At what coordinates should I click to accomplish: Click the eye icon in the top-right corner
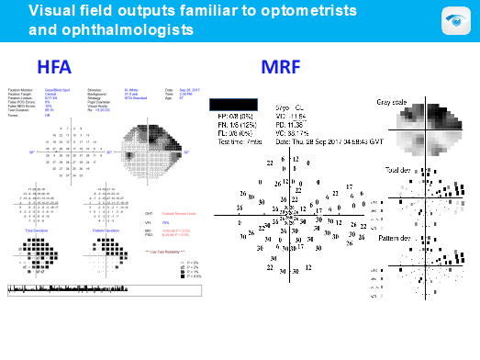coord(455,21)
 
